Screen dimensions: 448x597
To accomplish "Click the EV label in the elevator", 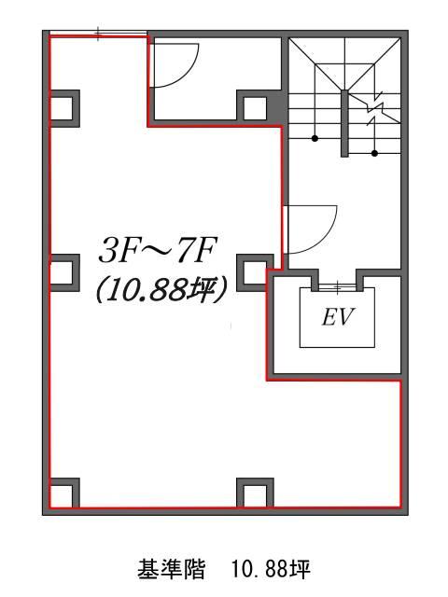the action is [x=338, y=317].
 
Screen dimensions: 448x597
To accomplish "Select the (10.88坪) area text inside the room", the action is [x=162, y=290].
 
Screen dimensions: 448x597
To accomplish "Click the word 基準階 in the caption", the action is [x=172, y=569].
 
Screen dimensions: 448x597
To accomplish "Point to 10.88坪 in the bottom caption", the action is [x=271, y=569].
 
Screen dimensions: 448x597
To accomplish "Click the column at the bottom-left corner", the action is [x=64, y=493].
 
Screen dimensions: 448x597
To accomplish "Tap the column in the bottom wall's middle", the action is [x=255, y=493].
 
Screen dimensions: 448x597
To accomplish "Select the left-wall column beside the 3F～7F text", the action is [x=64, y=273].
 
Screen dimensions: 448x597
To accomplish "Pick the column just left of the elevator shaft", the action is [x=255, y=273].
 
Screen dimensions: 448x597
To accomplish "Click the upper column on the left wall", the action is [x=64, y=108].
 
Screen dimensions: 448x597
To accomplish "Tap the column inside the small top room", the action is [x=255, y=108].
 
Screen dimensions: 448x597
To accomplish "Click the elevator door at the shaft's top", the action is [x=337, y=287].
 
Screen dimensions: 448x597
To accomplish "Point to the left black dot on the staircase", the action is [x=315, y=139].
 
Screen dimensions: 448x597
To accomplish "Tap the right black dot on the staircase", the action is [x=375, y=153].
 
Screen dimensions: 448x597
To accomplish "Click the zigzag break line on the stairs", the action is [x=375, y=108].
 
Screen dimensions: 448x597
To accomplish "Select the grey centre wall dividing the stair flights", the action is [x=344, y=123].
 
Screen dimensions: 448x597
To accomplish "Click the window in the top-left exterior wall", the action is [x=99, y=34].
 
